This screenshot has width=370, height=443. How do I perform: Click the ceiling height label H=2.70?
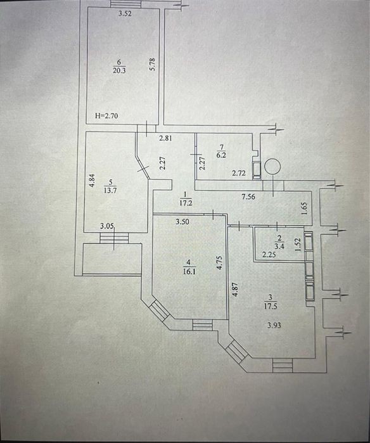click(106, 115)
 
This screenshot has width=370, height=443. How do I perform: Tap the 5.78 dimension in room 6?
click(153, 64)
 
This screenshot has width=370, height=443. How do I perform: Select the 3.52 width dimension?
click(125, 13)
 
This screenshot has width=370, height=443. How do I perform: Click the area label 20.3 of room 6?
click(119, 70)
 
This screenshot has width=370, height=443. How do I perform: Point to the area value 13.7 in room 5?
click(110, 190)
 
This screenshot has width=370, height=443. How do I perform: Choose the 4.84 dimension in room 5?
click(92, 181)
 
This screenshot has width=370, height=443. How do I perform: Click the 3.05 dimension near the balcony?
click(107, 226)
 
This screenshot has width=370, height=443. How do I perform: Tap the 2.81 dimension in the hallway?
click(165, 138)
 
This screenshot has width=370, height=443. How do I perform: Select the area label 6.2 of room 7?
click(221, 155)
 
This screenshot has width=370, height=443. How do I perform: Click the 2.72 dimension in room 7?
click(239, 173)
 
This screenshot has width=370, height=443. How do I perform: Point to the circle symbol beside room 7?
click(272, 166)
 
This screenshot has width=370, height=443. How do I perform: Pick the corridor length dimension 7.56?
click(248, 196)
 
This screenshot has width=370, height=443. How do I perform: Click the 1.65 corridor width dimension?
click(304, 209)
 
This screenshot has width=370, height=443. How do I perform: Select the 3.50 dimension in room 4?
click(182, 222)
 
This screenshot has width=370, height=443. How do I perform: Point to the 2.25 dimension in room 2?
click(269, 255)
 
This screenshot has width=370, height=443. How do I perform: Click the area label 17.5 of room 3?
click(271, 306)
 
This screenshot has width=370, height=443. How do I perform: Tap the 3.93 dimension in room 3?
click(274, 325)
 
